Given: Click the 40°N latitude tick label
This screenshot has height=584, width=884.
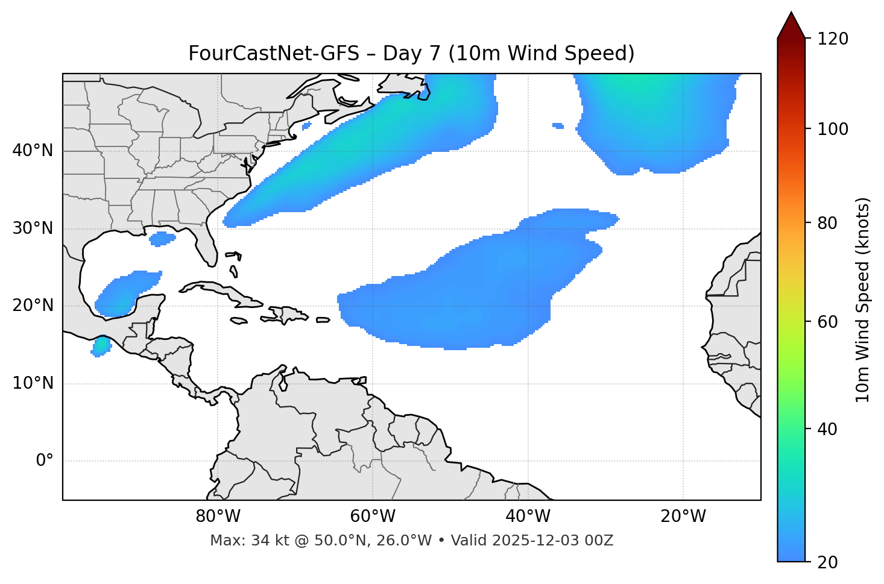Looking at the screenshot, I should [x=33, y=151].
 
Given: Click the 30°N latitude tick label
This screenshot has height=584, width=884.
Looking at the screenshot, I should [x=33, y=228].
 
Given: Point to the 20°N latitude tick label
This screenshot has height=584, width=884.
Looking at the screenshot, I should [x=33, y=306].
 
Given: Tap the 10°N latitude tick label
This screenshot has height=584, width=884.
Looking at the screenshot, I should [x=33, y=383].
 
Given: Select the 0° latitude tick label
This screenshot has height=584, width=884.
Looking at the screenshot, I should [x=44, y=461].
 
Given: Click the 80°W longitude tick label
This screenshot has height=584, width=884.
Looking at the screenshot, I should [x=218, y=516].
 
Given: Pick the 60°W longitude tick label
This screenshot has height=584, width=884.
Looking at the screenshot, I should [x=373, y=516].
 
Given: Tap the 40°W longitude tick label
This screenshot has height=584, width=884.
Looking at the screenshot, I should [x=528, y=516].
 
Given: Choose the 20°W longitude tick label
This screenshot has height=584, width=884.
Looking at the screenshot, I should [x=683, y=516].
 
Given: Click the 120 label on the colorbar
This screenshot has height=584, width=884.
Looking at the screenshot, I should [x=833, y=39].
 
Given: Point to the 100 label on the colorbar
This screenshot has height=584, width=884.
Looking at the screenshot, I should [x=833, y=129].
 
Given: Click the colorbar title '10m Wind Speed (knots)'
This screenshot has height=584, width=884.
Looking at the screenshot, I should [x=863, y=300].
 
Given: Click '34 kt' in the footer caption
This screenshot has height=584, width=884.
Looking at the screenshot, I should [x=264, y=541].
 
